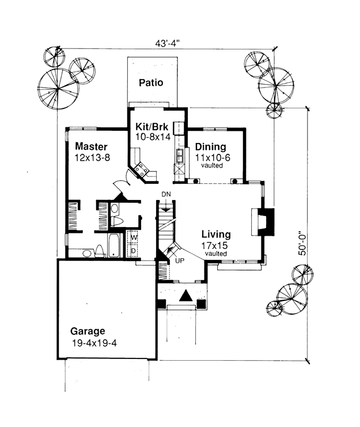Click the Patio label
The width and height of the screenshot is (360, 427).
click(151, 82)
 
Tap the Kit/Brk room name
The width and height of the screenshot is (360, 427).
click(152, 127)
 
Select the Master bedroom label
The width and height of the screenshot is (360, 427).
click(91, 146)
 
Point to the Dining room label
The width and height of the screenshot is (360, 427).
click(211, 147)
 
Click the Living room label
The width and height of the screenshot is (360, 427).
click(216, 234)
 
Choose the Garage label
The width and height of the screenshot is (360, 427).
click(88, 331)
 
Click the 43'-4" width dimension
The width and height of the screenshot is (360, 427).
click(168, 43)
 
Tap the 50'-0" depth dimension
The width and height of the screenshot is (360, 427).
click(302, 243)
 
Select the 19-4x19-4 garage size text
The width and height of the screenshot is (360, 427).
click(94, 343)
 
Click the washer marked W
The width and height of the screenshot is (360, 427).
click(134, 237)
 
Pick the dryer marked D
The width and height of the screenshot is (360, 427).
click(134, 250)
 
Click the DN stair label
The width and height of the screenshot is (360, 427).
click(166, 194)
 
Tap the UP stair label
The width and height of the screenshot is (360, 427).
click(180, 260)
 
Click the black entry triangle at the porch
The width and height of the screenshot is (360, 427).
click(186, 296)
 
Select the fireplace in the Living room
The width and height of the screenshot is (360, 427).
click(262, 221)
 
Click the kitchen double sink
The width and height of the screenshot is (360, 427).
click(180, 156)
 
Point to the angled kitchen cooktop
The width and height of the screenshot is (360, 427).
click(142, 169)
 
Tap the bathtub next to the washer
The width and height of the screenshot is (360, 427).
click(113, 245)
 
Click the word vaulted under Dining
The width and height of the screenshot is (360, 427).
click(212, 165)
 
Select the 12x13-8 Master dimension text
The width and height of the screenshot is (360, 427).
click(92, 157)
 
